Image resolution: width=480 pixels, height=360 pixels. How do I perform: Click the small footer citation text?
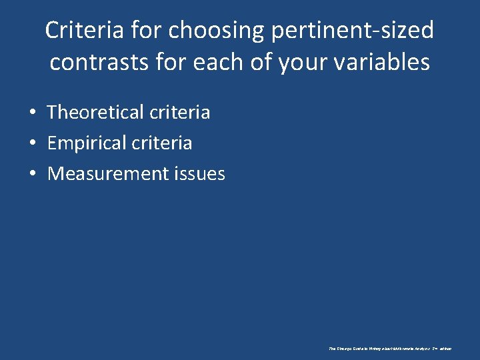click(390, 349)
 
